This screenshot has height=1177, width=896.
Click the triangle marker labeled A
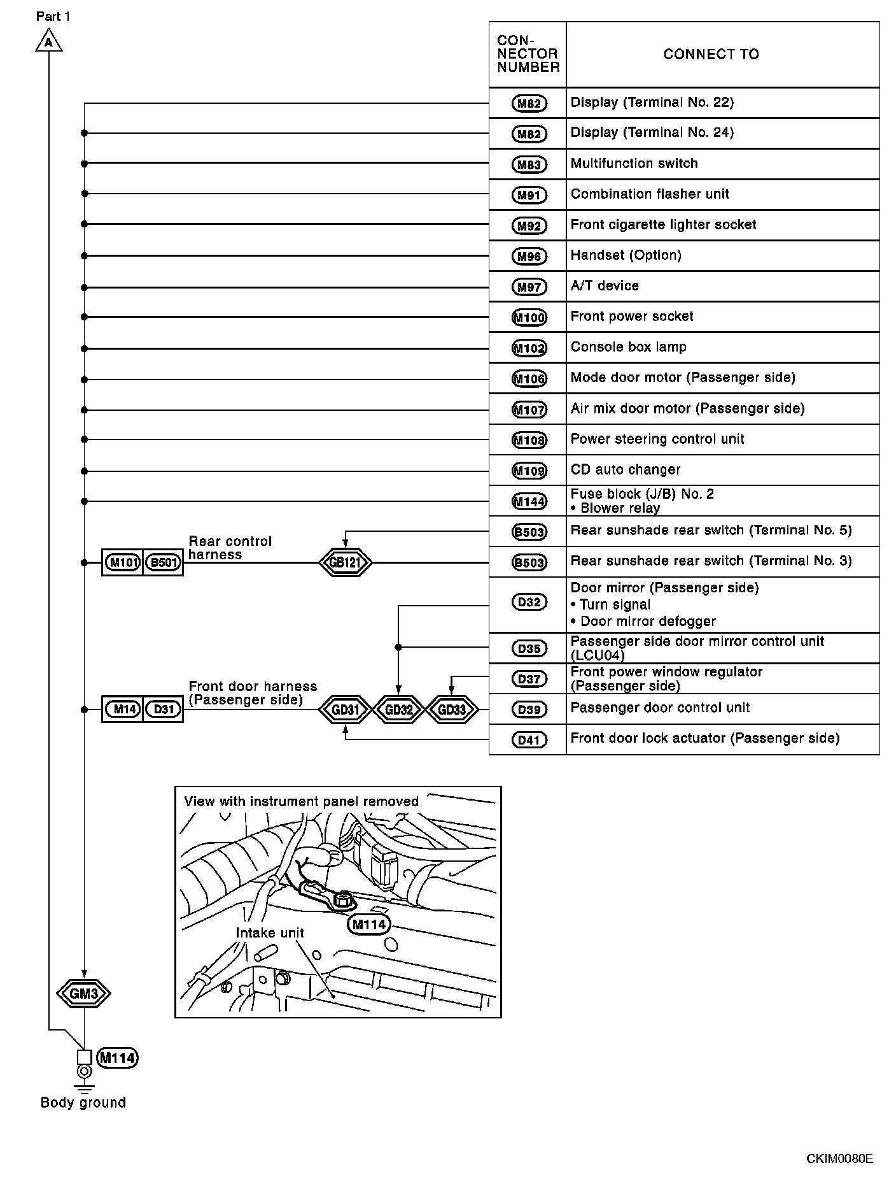pos(48,43)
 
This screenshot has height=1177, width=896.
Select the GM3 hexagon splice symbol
pos(83,993)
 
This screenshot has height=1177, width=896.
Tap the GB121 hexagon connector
pos(345,562)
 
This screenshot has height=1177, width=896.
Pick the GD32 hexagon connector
pos(398,710)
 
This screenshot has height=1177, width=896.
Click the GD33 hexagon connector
pos(452,710)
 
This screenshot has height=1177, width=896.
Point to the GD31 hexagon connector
pos(345,710)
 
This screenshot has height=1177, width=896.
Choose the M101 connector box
pos(122,562)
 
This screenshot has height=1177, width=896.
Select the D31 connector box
pos(164,709)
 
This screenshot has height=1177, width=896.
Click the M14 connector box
pos(123,709)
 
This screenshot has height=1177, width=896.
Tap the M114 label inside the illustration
pos(369,924)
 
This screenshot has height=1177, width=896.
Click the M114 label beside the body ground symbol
pos(118,1058)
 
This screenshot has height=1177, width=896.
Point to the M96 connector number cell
pos(528,256)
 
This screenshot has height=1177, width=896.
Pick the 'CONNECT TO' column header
pos(711,55)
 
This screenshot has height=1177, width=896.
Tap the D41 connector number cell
pos(528,739)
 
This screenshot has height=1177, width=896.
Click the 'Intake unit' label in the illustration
pos(270,933)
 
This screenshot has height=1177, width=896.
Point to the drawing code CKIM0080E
pos(839,1158)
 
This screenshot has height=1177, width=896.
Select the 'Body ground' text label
pos(83,1102)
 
